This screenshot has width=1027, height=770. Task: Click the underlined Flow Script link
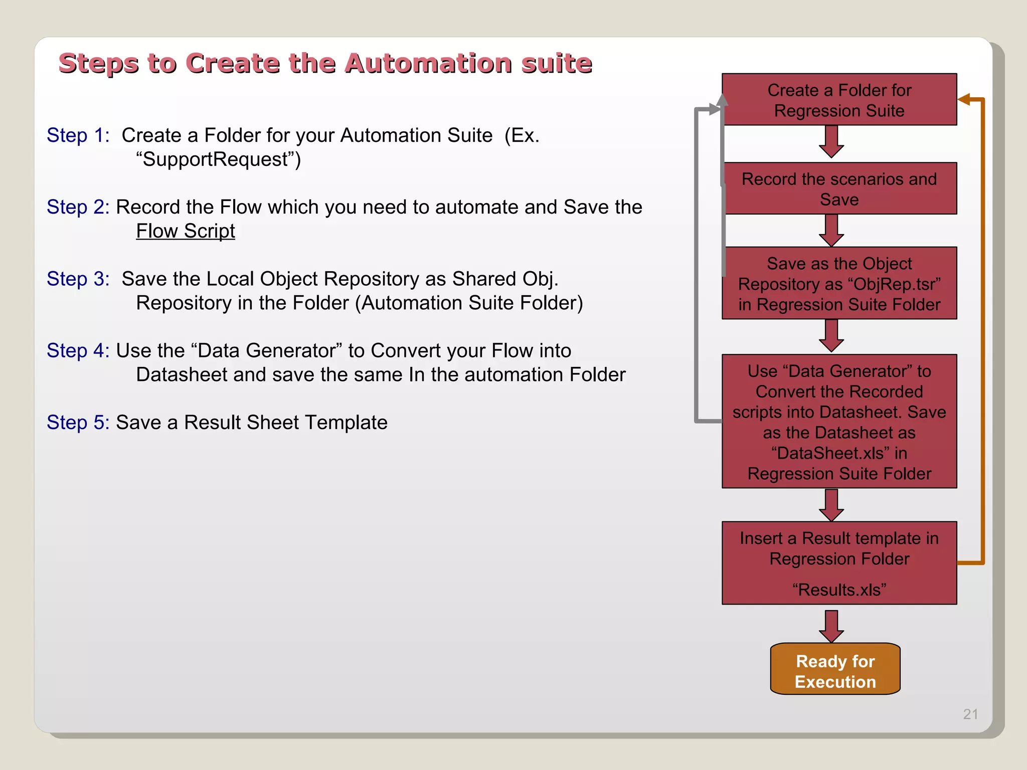[185, 231]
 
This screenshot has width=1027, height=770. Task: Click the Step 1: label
[78, 135]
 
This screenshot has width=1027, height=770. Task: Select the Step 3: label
[78, 279]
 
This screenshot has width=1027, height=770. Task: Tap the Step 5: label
[78, 423]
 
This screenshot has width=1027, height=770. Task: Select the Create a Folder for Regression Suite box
[839, 100]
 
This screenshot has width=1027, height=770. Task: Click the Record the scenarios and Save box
[839, 188]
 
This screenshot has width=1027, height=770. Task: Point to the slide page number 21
[970, 714]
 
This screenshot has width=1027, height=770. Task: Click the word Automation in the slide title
[429, 64]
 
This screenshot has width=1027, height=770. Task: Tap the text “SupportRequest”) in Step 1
[218, 159]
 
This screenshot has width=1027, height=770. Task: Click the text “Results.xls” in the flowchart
[839, 590]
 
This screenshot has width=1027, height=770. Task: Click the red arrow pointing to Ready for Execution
[831, 626]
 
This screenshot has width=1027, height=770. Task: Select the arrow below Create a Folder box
[831, 142]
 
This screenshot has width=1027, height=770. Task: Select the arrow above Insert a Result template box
[831, 505]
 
